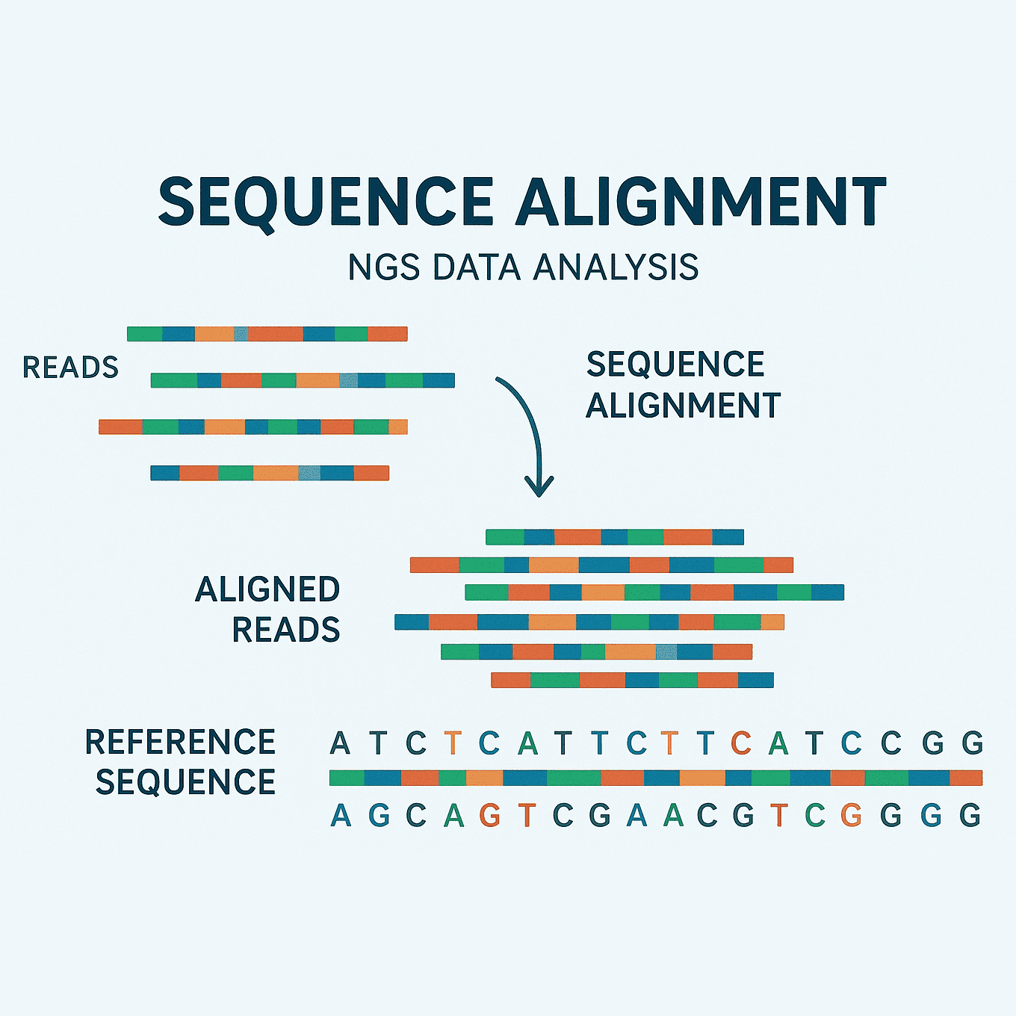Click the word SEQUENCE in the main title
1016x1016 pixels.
pos(326,202)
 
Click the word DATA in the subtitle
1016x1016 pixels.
pos(476,267)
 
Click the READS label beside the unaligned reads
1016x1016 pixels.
pos(70,368)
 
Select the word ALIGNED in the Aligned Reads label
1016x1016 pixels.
pos(267,589)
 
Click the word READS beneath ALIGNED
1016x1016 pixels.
pos(286,630)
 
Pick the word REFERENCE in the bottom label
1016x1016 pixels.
pos(181,742)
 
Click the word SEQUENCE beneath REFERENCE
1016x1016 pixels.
pos(186,782)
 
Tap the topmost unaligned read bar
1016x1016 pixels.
pos(267,334)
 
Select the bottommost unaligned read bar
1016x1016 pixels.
pos(270,473)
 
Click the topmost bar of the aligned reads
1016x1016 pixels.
pos(614,536)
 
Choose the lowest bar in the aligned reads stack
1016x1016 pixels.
pos(632,680)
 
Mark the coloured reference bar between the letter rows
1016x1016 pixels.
pos(655,778)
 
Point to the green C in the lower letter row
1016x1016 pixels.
pos(815,815)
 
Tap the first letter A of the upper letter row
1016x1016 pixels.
pos(340,743)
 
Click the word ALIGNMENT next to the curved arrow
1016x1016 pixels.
pos(683,406)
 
